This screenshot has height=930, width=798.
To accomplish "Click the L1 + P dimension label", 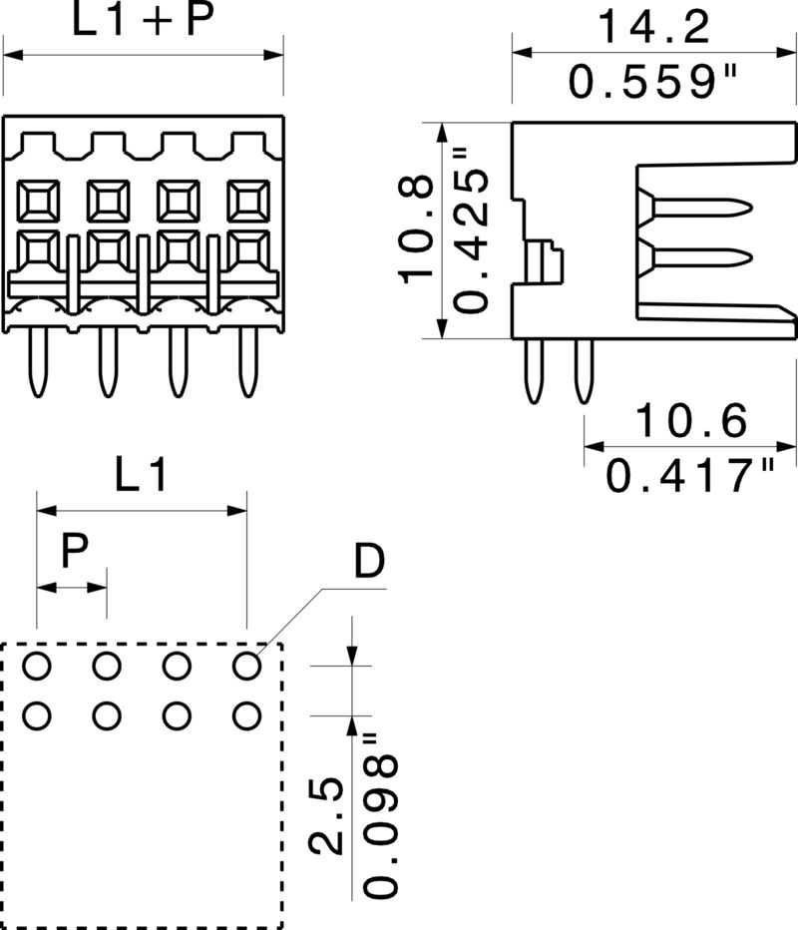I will point(143,22).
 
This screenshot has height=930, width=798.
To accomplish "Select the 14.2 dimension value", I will point(654,27).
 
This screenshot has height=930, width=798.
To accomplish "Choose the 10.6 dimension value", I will point(691,422).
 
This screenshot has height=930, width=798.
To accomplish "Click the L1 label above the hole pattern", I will point(141,476).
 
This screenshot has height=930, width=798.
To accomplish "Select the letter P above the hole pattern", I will point(73,551).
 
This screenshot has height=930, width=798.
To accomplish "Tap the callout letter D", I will point(368,565).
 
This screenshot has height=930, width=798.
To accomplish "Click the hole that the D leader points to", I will point(246,665).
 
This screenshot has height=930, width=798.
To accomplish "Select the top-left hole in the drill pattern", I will point(37,665).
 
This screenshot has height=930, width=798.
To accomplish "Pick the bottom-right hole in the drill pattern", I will point(246,714).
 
